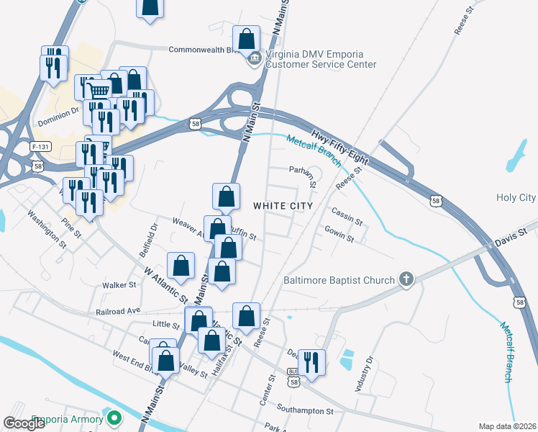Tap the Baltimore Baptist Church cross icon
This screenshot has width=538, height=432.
coord(406,280)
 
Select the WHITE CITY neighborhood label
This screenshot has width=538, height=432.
coord(283,206)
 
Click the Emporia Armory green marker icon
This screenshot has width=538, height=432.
coord(113,418)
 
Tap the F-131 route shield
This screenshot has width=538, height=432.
coord(41,146)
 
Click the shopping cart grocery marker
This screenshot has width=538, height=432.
coord(98,91)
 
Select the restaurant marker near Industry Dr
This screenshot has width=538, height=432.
coord(311,361)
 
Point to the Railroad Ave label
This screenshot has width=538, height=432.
coord(118,313)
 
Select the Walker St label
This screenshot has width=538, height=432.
coord(119,285)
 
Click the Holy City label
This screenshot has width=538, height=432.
coord(516,197)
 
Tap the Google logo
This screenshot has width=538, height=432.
coord(25,423)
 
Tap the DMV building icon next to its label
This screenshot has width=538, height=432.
coord(254,59)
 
